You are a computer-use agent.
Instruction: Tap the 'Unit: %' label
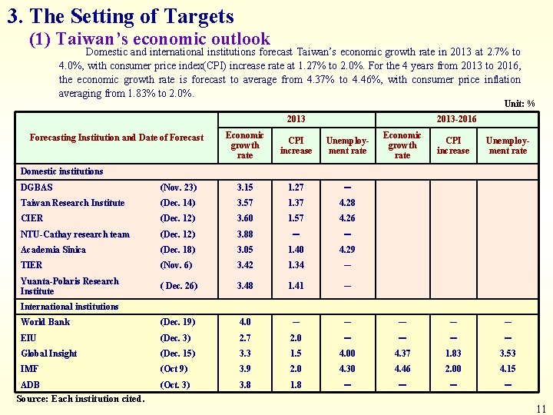click(x=519, y=104)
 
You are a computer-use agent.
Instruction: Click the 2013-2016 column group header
click(x=455, y=118)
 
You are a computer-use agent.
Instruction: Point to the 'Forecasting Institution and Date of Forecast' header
click(x=117, y=138)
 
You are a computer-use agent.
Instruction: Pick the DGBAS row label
click(x=37, y=188)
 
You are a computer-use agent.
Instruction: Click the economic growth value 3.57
click(x=245, y=203)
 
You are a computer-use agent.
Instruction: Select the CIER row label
click(x=32, y=218)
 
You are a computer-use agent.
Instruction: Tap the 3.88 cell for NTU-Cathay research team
click(x=245, y=234)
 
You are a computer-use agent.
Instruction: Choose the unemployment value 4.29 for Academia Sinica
click(x=347, y=250)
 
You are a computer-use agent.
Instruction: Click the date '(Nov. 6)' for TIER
click(x=177, y=265)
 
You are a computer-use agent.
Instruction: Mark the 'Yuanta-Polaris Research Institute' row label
click(x=70, y=286)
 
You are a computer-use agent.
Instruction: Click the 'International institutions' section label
click(x=69, y=307)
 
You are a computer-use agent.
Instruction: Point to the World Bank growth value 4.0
click(x=244, y=322)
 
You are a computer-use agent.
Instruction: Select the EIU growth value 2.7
click(x=244, y=338)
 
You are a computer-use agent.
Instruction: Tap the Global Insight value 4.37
click(x=402, y=354)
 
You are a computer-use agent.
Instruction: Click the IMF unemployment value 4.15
click(x=508, y=369)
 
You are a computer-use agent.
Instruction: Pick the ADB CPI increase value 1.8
click(x=296, y=384)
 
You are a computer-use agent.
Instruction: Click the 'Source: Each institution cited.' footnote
click(x=81, y=399)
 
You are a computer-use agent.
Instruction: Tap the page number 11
click(x=541, y=408)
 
